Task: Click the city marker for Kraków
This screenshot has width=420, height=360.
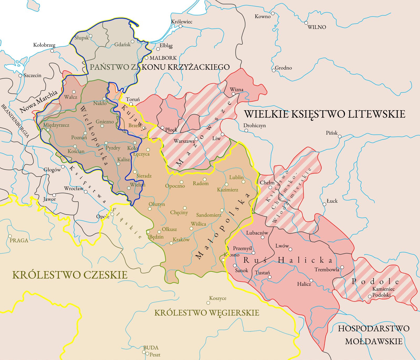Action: tap(171, 243)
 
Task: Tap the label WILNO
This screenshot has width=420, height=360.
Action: tap(317, 27)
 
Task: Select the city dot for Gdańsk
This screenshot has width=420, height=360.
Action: tap(133, 41)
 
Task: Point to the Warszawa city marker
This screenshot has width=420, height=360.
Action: tap(196, 139)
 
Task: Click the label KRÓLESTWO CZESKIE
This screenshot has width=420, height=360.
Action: tap(70, 275)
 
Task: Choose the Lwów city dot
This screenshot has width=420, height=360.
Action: tap(290, 249)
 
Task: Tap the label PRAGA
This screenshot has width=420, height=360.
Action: tap(19, 240)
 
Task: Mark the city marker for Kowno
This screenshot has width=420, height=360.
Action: tap(273, 13)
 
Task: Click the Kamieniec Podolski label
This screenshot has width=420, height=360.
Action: tap(383, 292)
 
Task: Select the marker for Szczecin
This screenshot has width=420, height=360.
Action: tap(20, 76)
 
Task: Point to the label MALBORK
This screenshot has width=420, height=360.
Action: tap(163, 58)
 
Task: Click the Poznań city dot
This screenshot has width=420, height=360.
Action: tap(85, 133)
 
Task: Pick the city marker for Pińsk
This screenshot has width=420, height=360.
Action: tap(340, 137)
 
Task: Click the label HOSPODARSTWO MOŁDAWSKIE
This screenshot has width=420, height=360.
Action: tap(374, 335)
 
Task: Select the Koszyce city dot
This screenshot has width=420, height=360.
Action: tap(208, 303)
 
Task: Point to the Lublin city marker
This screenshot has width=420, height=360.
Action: tap(243, 182)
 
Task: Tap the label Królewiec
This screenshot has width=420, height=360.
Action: tap(182, 22)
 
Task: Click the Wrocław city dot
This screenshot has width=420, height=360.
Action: tap(86, 192)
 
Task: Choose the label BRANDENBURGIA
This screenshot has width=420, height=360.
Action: tap(15, 121)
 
